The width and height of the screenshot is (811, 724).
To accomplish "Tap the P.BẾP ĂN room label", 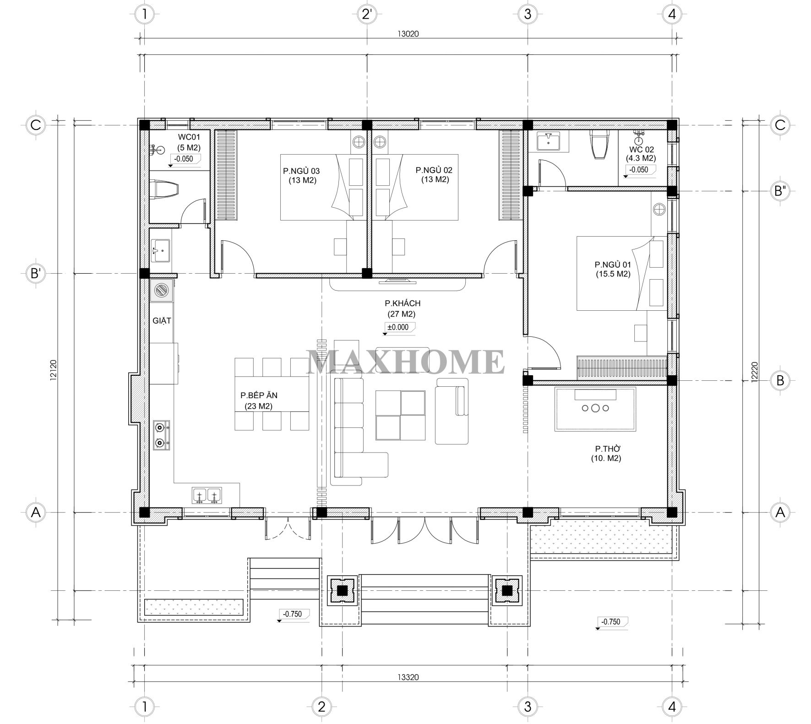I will (x=259, y=395).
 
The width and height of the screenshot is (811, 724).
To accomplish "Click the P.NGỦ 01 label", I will (x=613, y=265).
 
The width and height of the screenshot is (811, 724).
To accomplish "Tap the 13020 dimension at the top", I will (x=408, y=33).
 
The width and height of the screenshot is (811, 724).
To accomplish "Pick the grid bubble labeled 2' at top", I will (x=367, y=14).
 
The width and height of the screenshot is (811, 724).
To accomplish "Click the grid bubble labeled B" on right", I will (x=779, y=191).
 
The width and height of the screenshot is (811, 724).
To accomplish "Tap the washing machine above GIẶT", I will (x=161, y=290).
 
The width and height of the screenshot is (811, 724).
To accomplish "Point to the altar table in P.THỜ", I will (x=595, y=409).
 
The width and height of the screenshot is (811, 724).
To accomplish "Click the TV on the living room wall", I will (x=397, y=280).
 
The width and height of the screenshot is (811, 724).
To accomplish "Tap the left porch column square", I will (x=342, y=591).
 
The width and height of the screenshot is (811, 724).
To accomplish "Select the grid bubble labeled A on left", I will (x=35, y=513).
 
